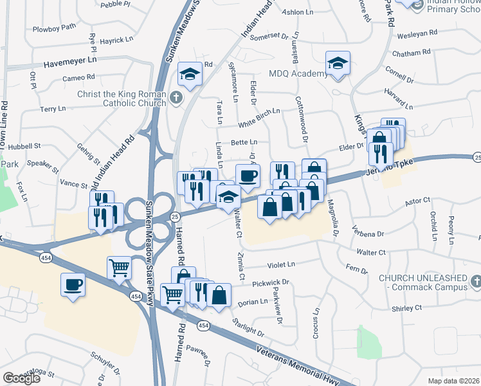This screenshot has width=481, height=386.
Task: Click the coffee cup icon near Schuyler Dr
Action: (73, 284)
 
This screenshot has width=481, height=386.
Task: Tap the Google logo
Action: (22, 378)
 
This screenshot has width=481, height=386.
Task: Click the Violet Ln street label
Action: (281, 264)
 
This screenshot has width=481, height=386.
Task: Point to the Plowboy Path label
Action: (54, 27)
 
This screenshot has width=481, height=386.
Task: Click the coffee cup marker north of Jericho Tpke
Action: (248, 176)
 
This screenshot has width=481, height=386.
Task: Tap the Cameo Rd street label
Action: (78, 78)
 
